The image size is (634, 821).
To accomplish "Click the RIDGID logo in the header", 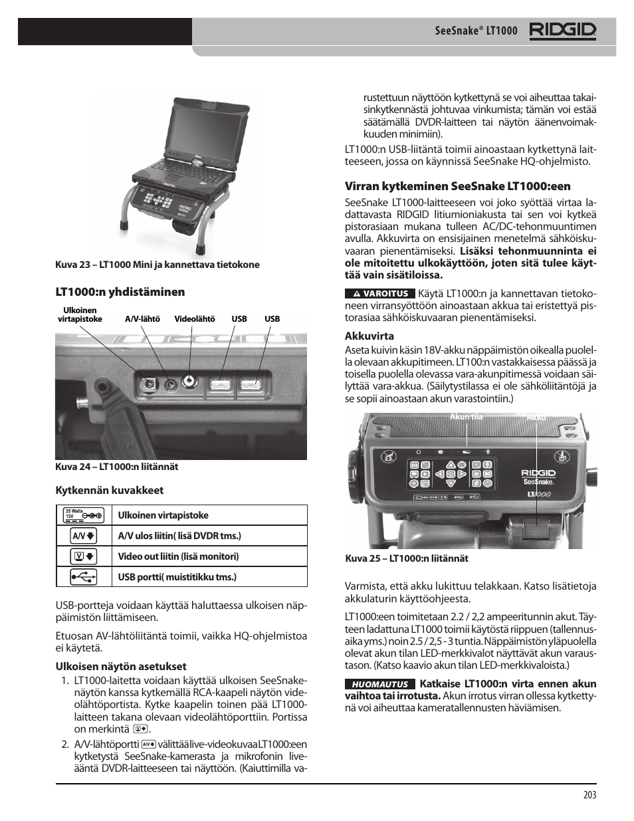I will click(x=562, y=31).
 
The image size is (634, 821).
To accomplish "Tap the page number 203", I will click(x=589, y=794).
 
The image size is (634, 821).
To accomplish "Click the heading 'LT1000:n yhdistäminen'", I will click(x=120, y=292).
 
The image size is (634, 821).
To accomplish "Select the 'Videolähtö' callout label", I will click(x=195, y=319).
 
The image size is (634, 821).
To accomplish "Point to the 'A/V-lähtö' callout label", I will click(x=142, y=319).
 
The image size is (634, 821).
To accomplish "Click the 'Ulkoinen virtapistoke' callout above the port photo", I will click(x=80, y=314).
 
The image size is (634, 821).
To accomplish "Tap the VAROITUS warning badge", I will click(x=380, y=293).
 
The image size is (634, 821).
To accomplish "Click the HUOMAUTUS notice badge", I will click(x=380, y=683).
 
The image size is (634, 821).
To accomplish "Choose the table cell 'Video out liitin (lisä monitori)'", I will click(x=178, y=556).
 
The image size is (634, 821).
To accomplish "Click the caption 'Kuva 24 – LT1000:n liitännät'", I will click(x=116, y=467).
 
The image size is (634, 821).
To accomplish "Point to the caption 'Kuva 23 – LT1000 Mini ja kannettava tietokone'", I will click(x=157, y=265).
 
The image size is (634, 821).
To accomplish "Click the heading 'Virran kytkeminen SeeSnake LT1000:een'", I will click(x=457, y=186).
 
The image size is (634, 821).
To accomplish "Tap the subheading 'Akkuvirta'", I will click(x=369, y=336).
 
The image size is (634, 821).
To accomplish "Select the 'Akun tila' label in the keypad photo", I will click(x=466, y=417).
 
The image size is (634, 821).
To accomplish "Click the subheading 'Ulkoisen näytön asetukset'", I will click(x=120, y=666).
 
